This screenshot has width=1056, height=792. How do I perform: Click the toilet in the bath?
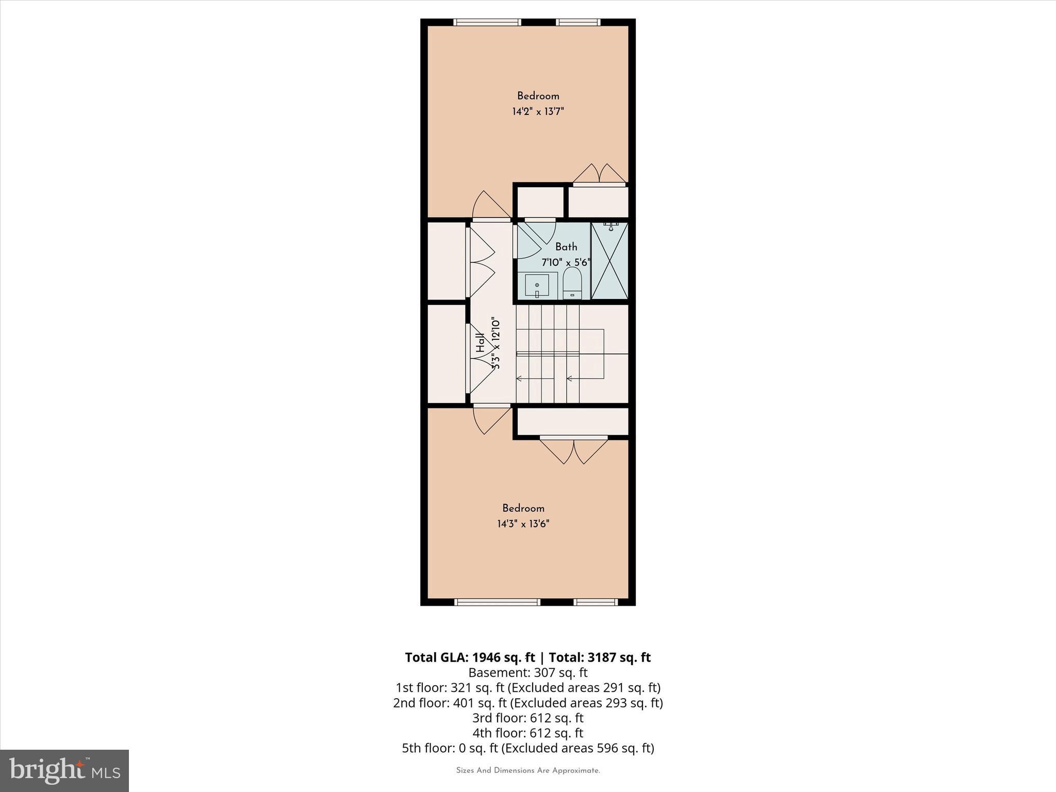click(x=572, y=284)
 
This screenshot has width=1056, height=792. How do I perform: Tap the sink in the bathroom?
click(x=537, y=285)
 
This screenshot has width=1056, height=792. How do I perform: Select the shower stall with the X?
click(x=609, y=261)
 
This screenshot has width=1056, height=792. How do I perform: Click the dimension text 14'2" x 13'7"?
click(x=538, y=111)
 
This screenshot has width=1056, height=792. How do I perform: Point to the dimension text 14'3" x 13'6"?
click(x=523, y=524)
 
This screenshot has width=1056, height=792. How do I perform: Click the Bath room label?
click(x=566, y=247)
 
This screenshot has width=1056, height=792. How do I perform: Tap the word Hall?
click(x=481, y=342)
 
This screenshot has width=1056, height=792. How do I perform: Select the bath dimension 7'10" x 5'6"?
click(x=566, y=262)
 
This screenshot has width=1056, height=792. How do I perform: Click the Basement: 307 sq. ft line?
click(x=528, y=672)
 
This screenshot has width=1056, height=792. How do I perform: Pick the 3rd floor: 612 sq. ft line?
click(x=528, y=718)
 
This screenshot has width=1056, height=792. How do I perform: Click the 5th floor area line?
click(x=528, y=748)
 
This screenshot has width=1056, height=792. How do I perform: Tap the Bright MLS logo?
click(x=64, y=771)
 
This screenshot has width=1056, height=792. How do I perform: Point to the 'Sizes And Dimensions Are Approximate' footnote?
click(x=528, y=771)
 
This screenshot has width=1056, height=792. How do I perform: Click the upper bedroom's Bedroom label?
click(x=538, y=96)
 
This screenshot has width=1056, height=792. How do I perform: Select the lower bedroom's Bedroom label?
click(x=523, y=508)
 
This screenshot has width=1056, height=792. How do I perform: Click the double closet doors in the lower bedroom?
click(x=574, y=450)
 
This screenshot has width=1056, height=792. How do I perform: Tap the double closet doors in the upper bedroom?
click(x=600, y=174)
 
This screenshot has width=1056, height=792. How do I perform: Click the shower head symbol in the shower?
click(x=611, y=227)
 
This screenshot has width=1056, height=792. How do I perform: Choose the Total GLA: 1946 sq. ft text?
click(x=470, y=657)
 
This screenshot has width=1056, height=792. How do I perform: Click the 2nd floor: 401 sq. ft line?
click(x=528, y=703)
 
